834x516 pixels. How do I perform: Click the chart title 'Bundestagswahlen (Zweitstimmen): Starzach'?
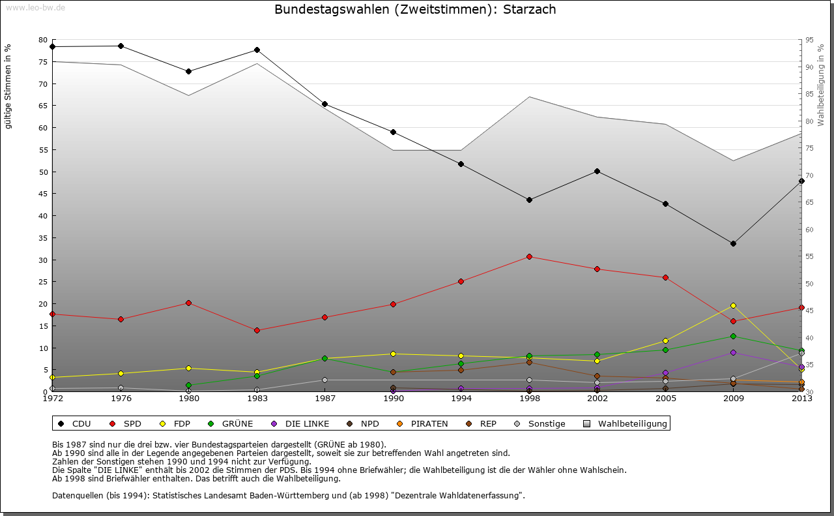[415, 10]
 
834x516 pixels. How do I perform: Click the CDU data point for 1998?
[529, 200]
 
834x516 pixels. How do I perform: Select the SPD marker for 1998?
[529, 256]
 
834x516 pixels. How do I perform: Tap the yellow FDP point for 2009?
[733, 305]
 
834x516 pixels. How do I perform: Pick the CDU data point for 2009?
[733, 243]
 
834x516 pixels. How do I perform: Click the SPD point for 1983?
[257, 330]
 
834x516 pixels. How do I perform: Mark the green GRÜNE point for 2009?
[733, 336]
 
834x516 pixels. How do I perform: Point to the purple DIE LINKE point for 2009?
[733, 352]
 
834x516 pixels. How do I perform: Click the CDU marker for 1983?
[257, 50]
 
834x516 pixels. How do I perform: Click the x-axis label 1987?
[324, 399]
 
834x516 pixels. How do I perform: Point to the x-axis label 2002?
[597, 399]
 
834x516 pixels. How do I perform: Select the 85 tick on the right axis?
[809, 94]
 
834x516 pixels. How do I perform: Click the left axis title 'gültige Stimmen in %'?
[8, 86]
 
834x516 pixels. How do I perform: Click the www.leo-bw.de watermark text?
[34, 7]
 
